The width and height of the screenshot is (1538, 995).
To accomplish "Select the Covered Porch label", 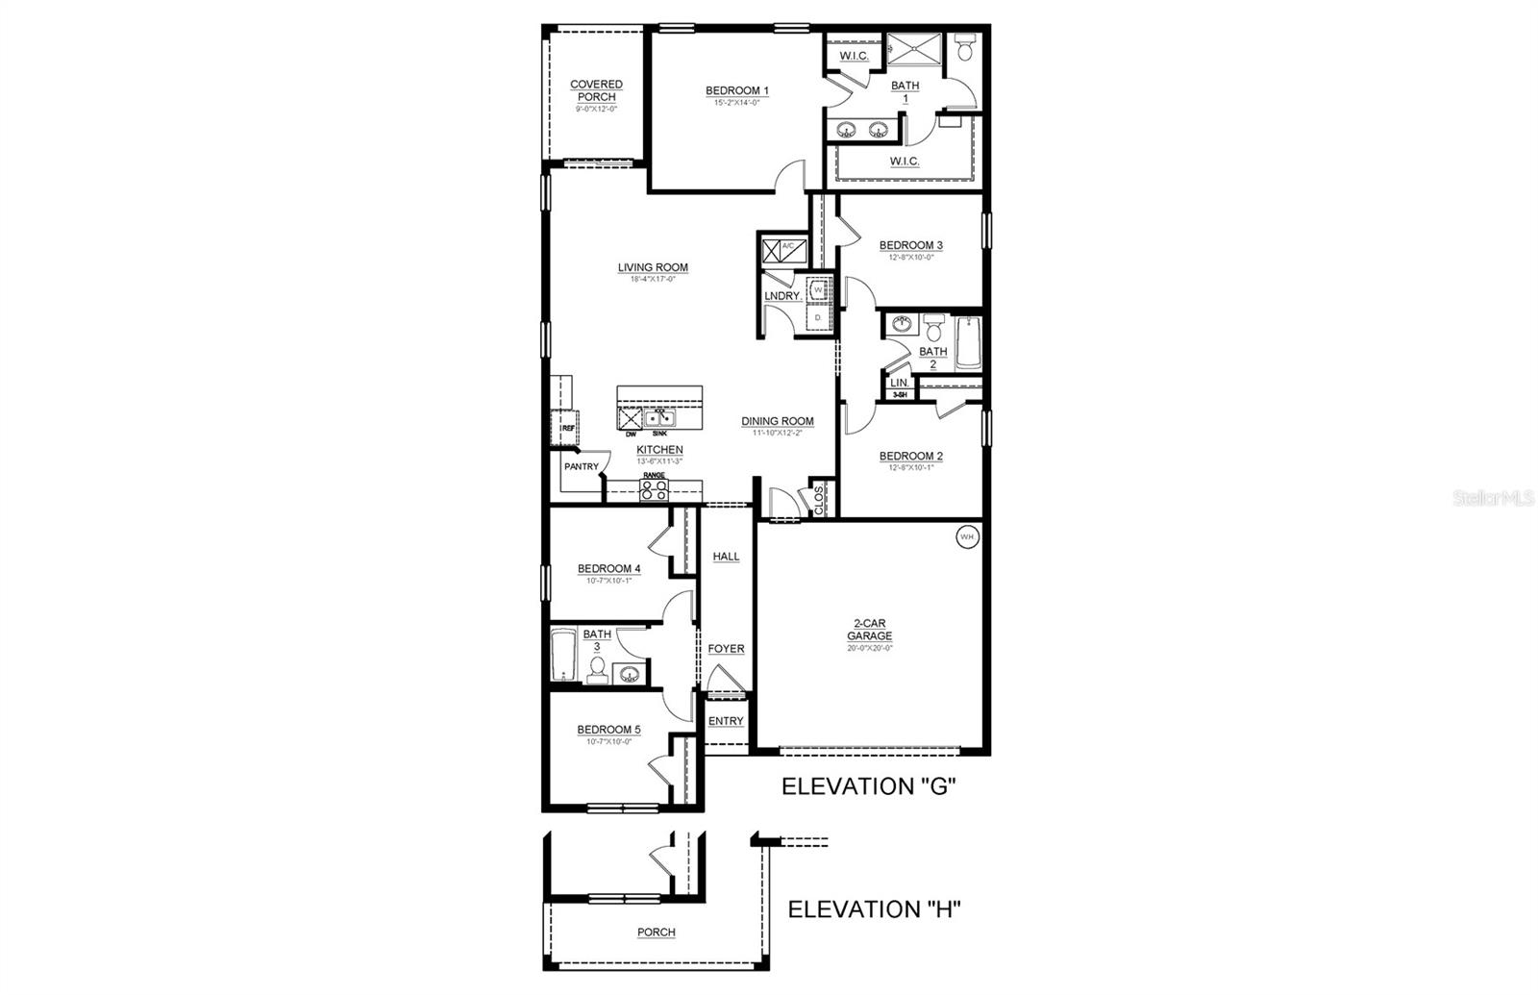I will coord(596,90).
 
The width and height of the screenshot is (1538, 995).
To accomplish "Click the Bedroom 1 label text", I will coord(737,91).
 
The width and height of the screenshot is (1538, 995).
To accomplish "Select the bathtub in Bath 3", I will coord(562,657).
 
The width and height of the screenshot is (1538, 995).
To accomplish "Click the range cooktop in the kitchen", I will coord(655,490).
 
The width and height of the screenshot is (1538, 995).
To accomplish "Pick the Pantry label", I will coord(582,467).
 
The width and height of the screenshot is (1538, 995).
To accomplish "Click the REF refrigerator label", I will coord(567,429).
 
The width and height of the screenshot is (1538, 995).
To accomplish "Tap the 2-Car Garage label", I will coord(869,631).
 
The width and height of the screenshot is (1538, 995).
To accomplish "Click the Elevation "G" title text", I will coord(868,786).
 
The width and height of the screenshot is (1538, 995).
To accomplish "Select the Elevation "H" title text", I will coord(875,909).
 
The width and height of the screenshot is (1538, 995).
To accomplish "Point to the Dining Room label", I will coord(777,421).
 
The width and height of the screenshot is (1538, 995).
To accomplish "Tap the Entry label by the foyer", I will coord(726,721).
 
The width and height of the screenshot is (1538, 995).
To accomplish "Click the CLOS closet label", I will coord(819,499).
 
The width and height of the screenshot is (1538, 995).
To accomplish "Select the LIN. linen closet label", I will coord(899,383).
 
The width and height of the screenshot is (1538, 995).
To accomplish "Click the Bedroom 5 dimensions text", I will coord(608,741).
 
